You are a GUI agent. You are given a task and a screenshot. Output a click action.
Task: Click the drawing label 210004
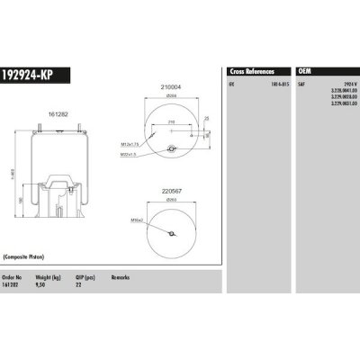coord(170,86)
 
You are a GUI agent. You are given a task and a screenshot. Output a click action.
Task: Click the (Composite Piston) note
coord(28,256)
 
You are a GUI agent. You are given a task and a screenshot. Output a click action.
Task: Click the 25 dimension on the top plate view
coord(206,117)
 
